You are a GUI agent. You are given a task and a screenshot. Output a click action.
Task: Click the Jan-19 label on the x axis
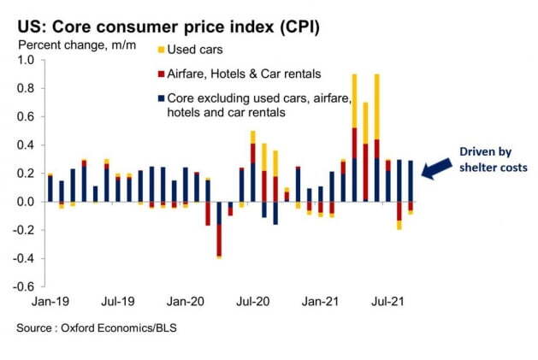[50, 302]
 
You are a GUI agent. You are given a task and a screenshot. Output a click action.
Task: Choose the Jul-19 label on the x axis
[117, 302]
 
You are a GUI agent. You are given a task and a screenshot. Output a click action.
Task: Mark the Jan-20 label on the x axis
[185, 302]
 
